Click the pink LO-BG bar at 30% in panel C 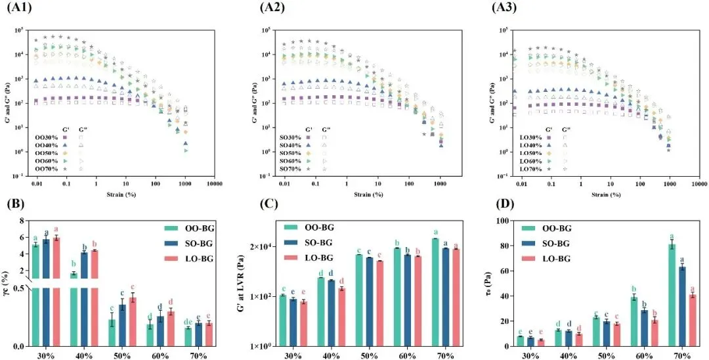point(303,323)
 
